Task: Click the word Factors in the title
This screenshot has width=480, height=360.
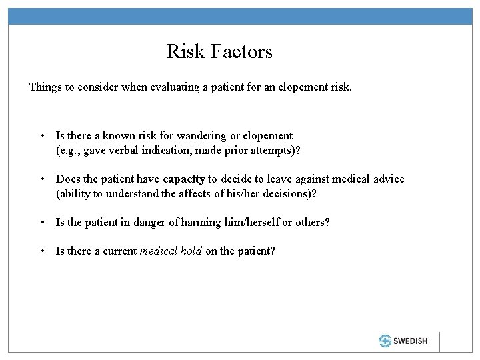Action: (243, 51)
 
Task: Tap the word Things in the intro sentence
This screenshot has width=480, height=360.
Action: (45, 87)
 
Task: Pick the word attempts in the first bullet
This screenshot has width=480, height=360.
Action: (272, 150)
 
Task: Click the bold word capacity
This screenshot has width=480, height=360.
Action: (184, 179)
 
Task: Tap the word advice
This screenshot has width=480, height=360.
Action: (387, 179)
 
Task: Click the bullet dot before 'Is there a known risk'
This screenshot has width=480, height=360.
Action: (43, 136)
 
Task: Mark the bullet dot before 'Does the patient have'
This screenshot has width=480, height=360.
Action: (43, 180)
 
